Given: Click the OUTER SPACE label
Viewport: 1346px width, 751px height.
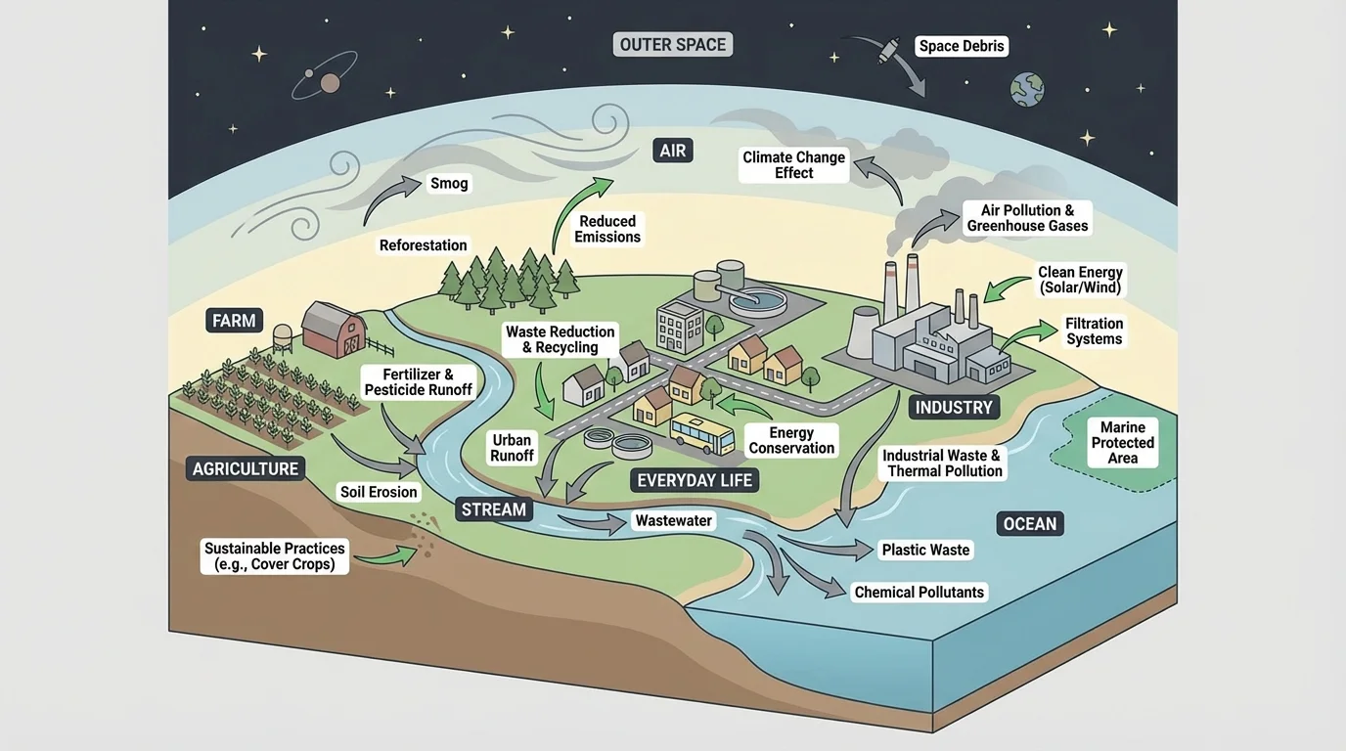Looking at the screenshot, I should point(673,45).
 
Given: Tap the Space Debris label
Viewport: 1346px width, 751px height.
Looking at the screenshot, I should point(962,46).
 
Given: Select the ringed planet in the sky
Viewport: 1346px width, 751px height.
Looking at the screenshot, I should point(330,82).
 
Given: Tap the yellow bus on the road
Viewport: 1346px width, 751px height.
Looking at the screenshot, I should point(701,434).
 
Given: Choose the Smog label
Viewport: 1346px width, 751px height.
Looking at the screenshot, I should point(449,183).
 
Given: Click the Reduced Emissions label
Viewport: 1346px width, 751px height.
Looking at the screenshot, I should point(607,229).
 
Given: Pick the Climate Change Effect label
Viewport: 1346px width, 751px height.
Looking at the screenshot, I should point(793,164).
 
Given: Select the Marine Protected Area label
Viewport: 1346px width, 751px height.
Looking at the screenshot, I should point(1122,443).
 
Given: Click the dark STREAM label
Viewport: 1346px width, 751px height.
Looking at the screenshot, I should point(494,508).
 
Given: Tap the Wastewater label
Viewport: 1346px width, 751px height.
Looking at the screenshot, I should point(674,521).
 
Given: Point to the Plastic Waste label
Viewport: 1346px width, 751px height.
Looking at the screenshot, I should point(925,550).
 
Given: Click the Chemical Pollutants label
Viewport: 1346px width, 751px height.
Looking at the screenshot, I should point(920,592).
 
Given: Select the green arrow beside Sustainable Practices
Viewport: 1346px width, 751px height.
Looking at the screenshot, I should point(383,557).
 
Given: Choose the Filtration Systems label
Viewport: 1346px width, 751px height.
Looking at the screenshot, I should point(1094,331).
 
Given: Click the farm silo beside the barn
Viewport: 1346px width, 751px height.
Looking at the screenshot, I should point(283,338).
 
